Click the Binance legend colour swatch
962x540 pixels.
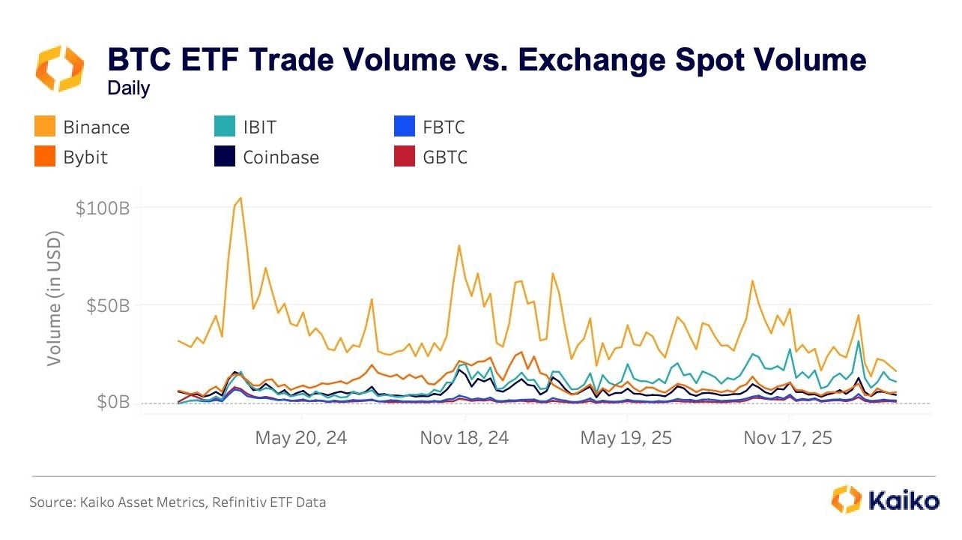click(x=44, y=127)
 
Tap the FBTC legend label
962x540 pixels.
click(x=438, y=127)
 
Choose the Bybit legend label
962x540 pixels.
click(x=85, y=157)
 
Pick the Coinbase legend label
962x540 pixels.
click(x=281, y=157)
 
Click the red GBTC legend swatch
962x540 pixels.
click(x=402, y=157)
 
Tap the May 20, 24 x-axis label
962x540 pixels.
click(x=301, y=438)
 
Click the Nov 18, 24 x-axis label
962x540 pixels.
click(x=465, y=438)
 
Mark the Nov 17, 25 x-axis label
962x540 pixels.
click(x=788, y=438)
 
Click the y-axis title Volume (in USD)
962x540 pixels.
click(x=55, y=298)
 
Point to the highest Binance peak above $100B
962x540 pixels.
click(x=240, y=198)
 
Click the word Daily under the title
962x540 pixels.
click(x=128, y=88)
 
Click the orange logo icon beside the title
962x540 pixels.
click(x=61, y=68)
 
